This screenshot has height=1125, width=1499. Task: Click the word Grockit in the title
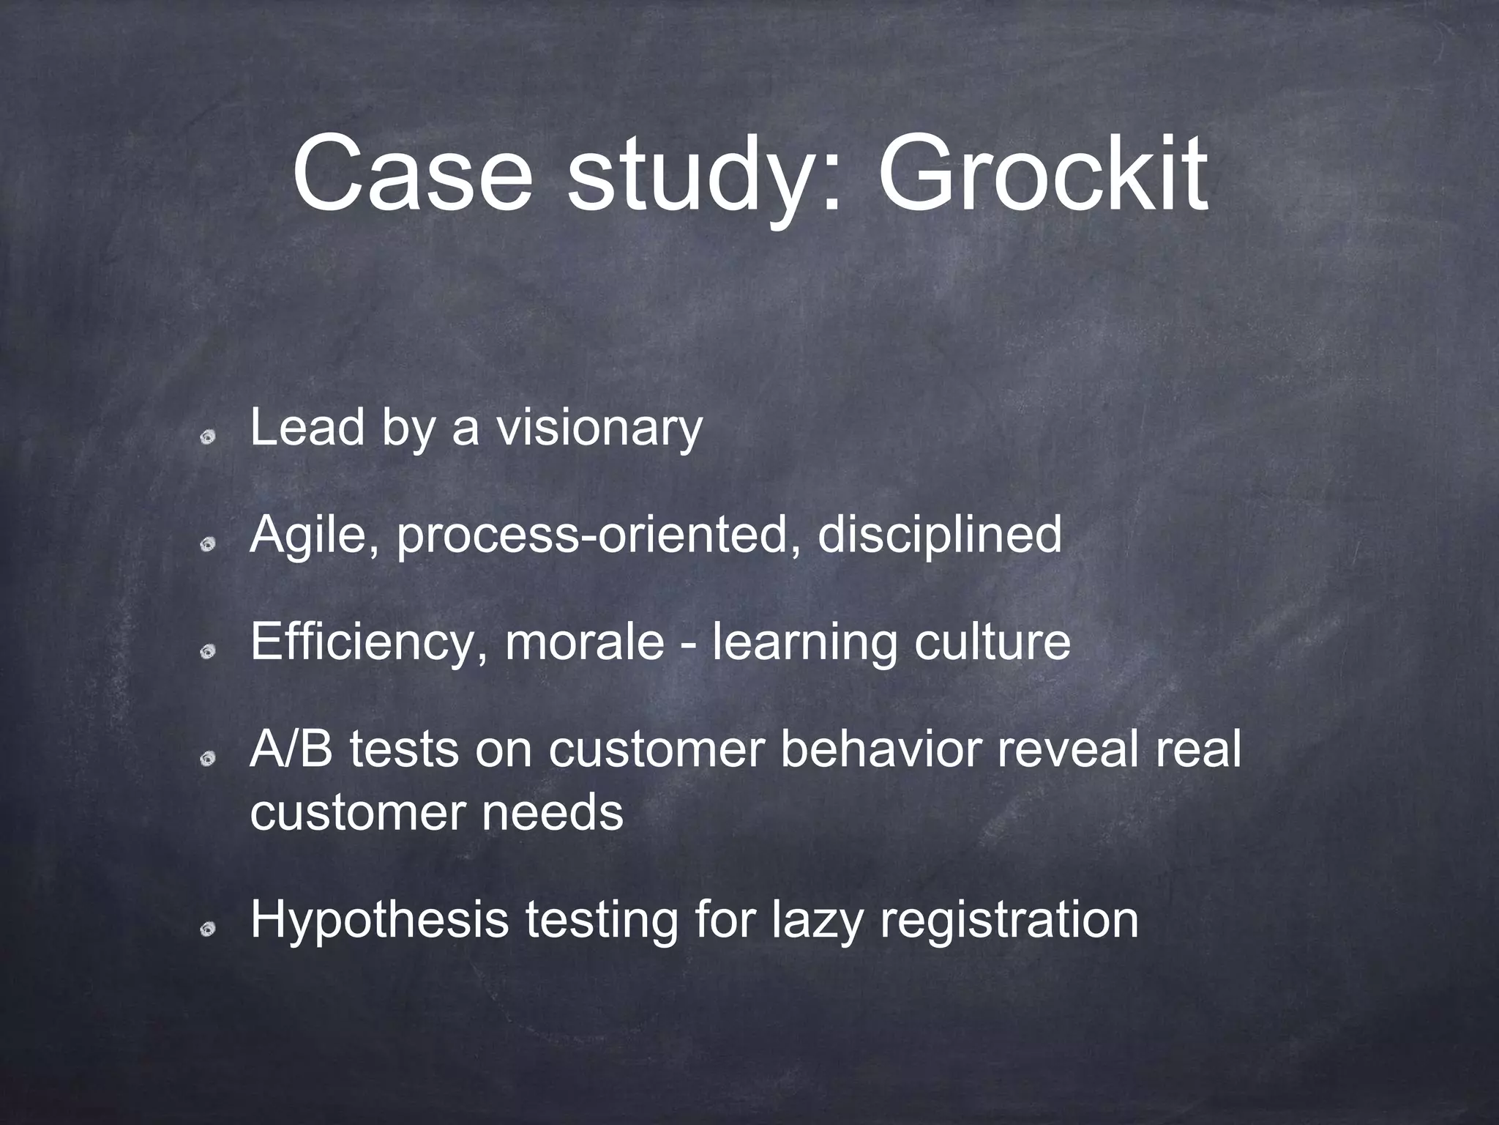click(1042, 174)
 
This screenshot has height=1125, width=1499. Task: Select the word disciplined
click(939, 535)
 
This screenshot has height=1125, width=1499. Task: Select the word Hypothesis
click(378, 921)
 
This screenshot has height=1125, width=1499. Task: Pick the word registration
click(1009, 921)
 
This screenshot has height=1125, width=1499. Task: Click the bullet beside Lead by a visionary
click(209, 437)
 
